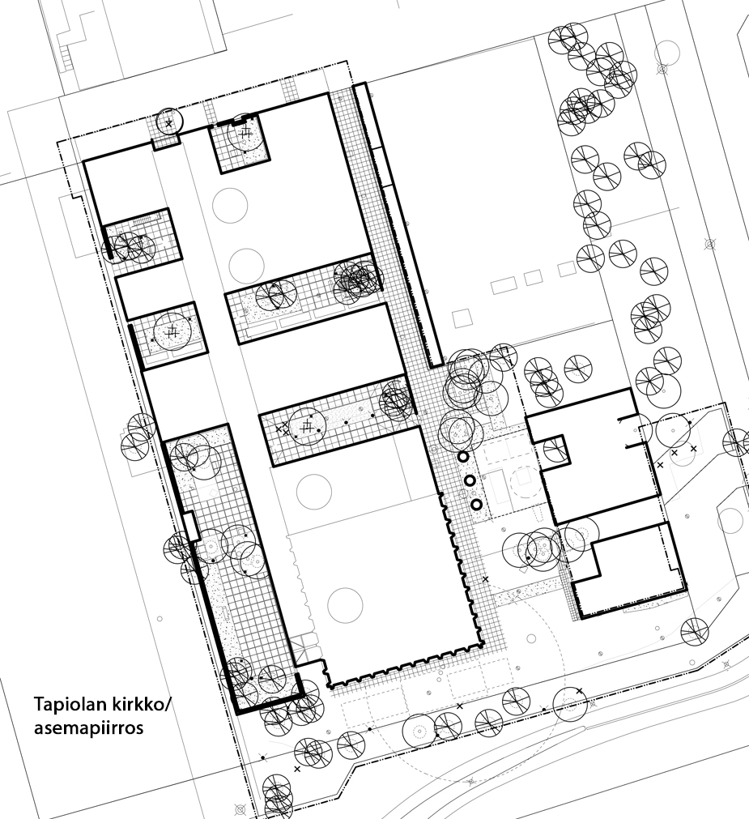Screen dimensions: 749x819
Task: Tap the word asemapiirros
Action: pyautogui.click(x=89, y=728)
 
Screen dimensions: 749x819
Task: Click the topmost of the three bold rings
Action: pyautogui.click(x=462, y=457)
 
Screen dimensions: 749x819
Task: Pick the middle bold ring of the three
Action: pyautogui.click(x=469, y=480)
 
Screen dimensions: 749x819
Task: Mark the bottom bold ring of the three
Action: pyautogui.click(x=476, y=505)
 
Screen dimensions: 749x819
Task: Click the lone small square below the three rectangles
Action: pyautogui.click(x=462, y=318)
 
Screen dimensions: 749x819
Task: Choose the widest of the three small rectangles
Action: pyautogui.click(x=504, y=286)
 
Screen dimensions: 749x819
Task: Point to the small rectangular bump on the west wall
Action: pyautogui.click(x=189, y=526)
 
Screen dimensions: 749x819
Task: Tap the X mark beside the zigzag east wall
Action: pyautogui.click(x=485, y=579)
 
